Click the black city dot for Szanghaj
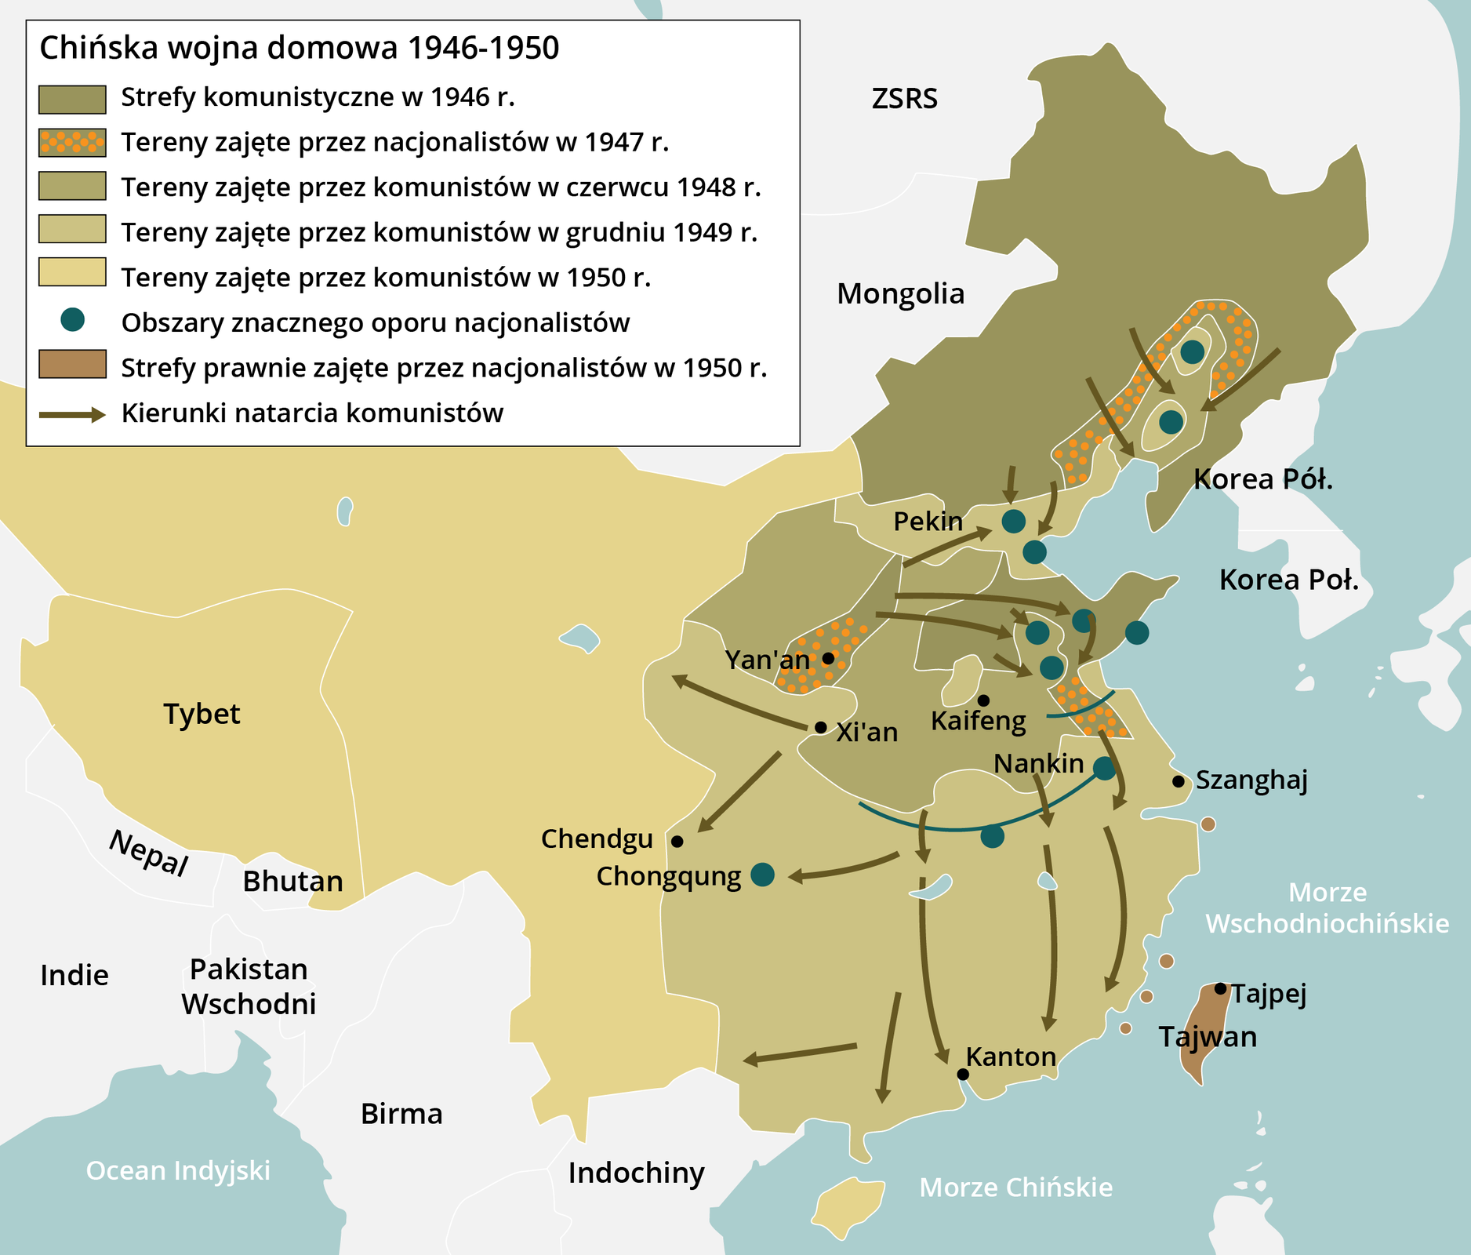coord(1178,781)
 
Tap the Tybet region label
coord(202,714)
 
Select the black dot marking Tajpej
coord(1220,988)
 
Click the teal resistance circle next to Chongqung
coord(762,874)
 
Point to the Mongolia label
coord(900,293)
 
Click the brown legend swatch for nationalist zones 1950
coord(72,365)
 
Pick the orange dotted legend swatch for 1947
coord(72,143)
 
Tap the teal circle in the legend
coord(72,320)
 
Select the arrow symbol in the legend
coord(72,414)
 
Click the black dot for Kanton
coord(963,1074)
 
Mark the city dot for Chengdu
coord(677,841)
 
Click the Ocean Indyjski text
coord(178,1170)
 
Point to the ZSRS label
coord(904,99)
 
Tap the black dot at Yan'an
coord(828,658)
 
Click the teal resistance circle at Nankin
coord(1104,768)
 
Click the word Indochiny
coord(636,1173)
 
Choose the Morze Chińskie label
coord(1015,1188)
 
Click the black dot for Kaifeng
coord(983,700)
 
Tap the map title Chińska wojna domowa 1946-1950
coord(299,48)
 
